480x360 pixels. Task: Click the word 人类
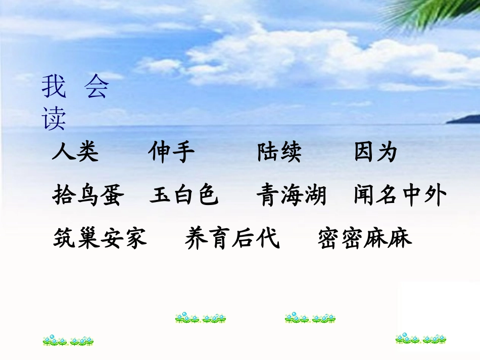click(75, 152)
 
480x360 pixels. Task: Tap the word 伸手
click(171, 152)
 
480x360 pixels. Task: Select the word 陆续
click(279, 152)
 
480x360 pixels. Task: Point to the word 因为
click(376, 152)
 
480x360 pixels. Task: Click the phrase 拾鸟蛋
click(88, 195)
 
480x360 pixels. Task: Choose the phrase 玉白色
click(184, 195)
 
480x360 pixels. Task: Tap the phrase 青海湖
click(291, 195)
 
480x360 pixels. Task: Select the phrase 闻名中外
click(400, 195)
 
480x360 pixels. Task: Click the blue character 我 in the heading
click(54, 87)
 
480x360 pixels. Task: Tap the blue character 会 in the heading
click(96, 87)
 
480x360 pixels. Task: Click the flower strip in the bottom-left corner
click(68, 341)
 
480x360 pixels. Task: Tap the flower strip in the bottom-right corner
click(421, 338)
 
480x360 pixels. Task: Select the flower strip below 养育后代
click(201, 318)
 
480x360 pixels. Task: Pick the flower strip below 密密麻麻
click(310, 318)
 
